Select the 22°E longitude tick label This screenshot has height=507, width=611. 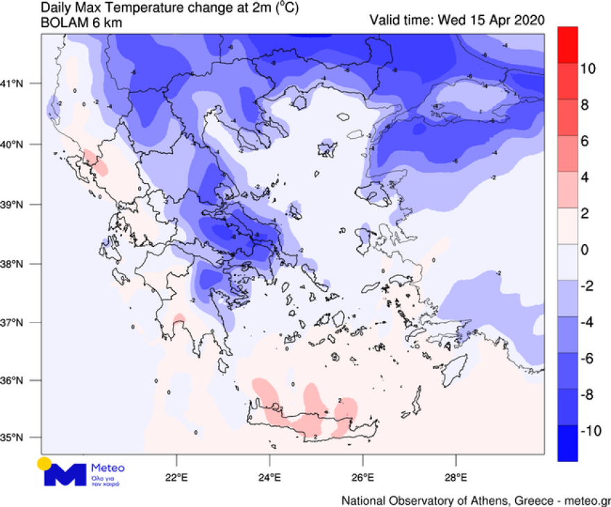pyautogui.click(x=176, y=478)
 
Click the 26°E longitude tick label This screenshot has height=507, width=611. pyautogui.click(x=362, y=478)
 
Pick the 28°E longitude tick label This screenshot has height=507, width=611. pyautogui.click(x=455, y=478)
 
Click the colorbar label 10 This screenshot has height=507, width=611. pyautogui.click(x=587, y=69)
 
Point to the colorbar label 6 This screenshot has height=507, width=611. pyautogui.click(x=584, y=141)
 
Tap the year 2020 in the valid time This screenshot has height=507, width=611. pyautogui.click(x=528, y=19)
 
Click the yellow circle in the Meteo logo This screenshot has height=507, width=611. pyautogui.click(x=45, y=464)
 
